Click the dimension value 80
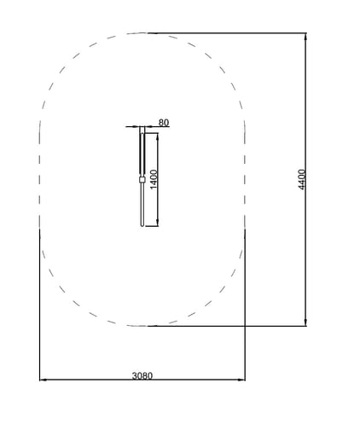(x=164, y=123)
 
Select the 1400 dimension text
(x=153, y=179)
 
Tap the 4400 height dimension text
(x=302, y=179)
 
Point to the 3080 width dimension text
(x=142, y=376)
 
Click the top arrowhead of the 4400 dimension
(x=305, y=36)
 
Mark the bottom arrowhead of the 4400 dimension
(x=305, y=322)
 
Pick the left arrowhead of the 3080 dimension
(x=43, y=380)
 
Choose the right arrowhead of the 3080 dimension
(x=241, y=380)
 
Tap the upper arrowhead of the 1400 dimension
(x=158, y=136)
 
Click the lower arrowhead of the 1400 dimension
(x=158, y=223)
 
